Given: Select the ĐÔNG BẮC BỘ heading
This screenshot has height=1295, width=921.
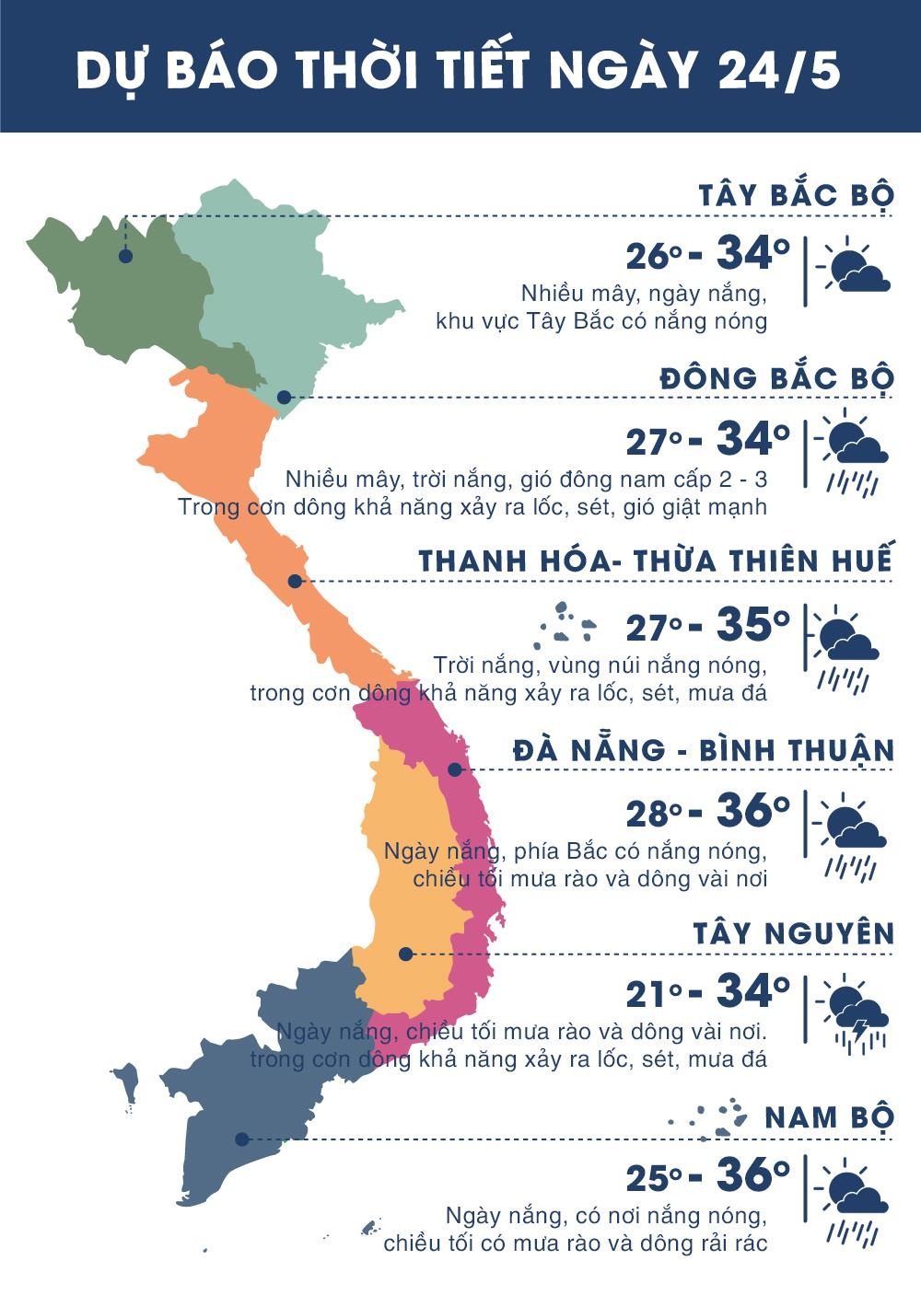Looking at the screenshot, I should coord(776,378).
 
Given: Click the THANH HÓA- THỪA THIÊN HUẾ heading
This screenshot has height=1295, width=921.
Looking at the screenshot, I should coord(656,561).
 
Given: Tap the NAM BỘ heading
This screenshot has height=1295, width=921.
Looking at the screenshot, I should coord(829,1117).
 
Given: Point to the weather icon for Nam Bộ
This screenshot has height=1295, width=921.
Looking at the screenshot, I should coord(856,1199).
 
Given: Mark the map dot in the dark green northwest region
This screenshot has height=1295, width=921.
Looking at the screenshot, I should coord(125,256).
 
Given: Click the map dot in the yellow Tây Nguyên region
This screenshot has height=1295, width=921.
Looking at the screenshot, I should coord(406,954).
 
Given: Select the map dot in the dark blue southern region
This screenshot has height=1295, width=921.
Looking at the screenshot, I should coord(241,1139).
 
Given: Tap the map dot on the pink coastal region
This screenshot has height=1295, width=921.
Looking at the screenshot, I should coord(454,769).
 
